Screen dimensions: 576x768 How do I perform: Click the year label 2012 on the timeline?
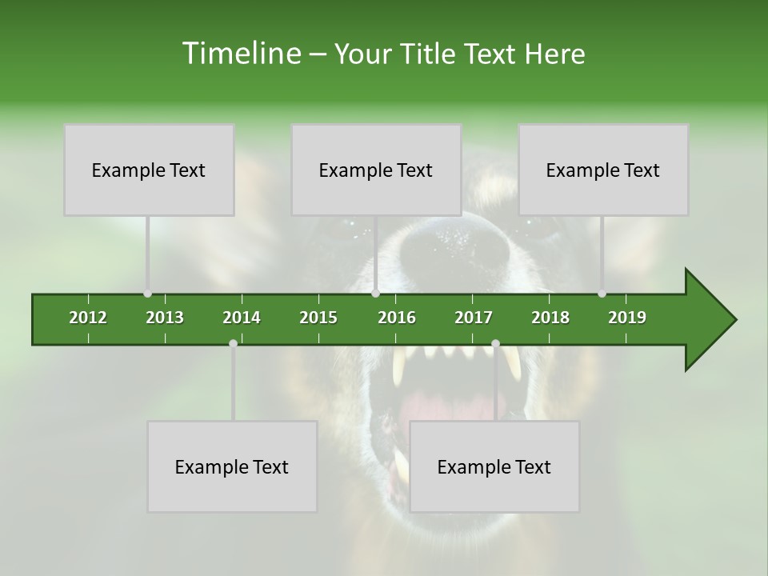pyautogui.click(x=88, y=318)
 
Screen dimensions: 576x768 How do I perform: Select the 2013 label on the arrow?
pyautogui.click(x=165, y=318)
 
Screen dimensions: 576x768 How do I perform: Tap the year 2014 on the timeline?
pyautogui.click(x=242, y=318)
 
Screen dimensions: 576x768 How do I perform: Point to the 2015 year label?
pyautogui.click(x=318, y=318)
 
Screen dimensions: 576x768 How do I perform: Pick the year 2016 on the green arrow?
pyautogui.click(x=397, y=318)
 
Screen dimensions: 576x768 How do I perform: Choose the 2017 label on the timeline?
pyautogui.click(x=474, y=318)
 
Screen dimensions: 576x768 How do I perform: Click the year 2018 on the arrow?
pyautogui.click(x=550, y=318)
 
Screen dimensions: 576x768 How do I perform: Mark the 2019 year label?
pyautogui.click(x=627, y=318)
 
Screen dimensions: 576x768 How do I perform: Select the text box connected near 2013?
pyautogui.click(x=149, y=170)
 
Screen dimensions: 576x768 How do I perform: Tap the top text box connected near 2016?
pyautogui.click(x=376, y=170)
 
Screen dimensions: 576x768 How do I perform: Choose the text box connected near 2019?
pyautogui.click(x=603, y=170)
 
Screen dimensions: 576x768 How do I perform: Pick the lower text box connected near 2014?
pyautogui.click(x=232, y=466)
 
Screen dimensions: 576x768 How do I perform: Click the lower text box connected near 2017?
pyautogui.click(x=494, y=466)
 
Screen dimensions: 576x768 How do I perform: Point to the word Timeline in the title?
pyautogui.click(x=240, y=54)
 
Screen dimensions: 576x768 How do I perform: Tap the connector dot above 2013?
pyautogui.click(x=147, y=294)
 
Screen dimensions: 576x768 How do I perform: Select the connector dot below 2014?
pyautogui.click(x=233, y=343)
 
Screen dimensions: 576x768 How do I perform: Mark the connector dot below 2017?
pyautogui.click(x=495, y=343)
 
